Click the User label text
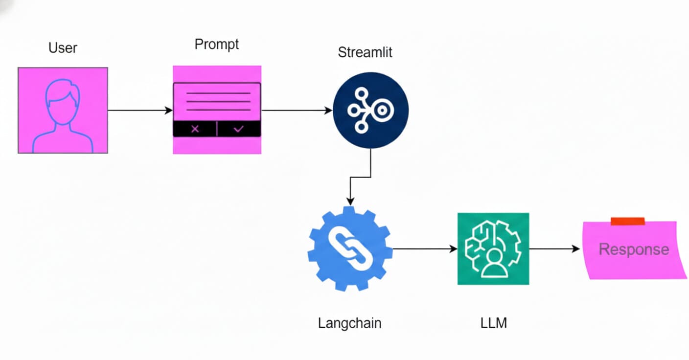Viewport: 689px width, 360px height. [x=63, y=48]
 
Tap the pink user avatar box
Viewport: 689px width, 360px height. [x=63, y=111]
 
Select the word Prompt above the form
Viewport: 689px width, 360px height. [x=216, y=45]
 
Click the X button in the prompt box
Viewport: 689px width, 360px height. [x=195, y=129]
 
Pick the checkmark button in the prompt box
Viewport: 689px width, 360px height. [x=239, y=129]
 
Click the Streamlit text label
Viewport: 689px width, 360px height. [x=365, y=52]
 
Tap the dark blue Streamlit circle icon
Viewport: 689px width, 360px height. [x=370, y=111]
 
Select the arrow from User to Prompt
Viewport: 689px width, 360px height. [x=139, y=111]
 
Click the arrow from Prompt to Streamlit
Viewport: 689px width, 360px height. [x=296, y=111]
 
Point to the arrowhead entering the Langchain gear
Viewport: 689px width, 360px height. [x=350, y=201]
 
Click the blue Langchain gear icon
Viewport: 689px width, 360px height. [x=350, y=249]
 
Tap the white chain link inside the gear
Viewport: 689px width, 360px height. [x=350, y=249]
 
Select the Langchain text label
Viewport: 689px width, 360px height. [x=349, y=323]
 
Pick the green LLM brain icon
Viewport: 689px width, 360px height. [x=493, y=248]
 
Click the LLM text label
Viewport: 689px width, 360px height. [x=494, y=323]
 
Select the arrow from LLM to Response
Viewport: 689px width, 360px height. [x=554, y=249]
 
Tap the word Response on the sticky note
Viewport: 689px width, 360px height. [x=633, y=249]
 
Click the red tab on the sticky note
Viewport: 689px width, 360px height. [x=627, y=222]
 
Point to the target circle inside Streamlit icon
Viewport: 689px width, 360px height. [x=383, y=111]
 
